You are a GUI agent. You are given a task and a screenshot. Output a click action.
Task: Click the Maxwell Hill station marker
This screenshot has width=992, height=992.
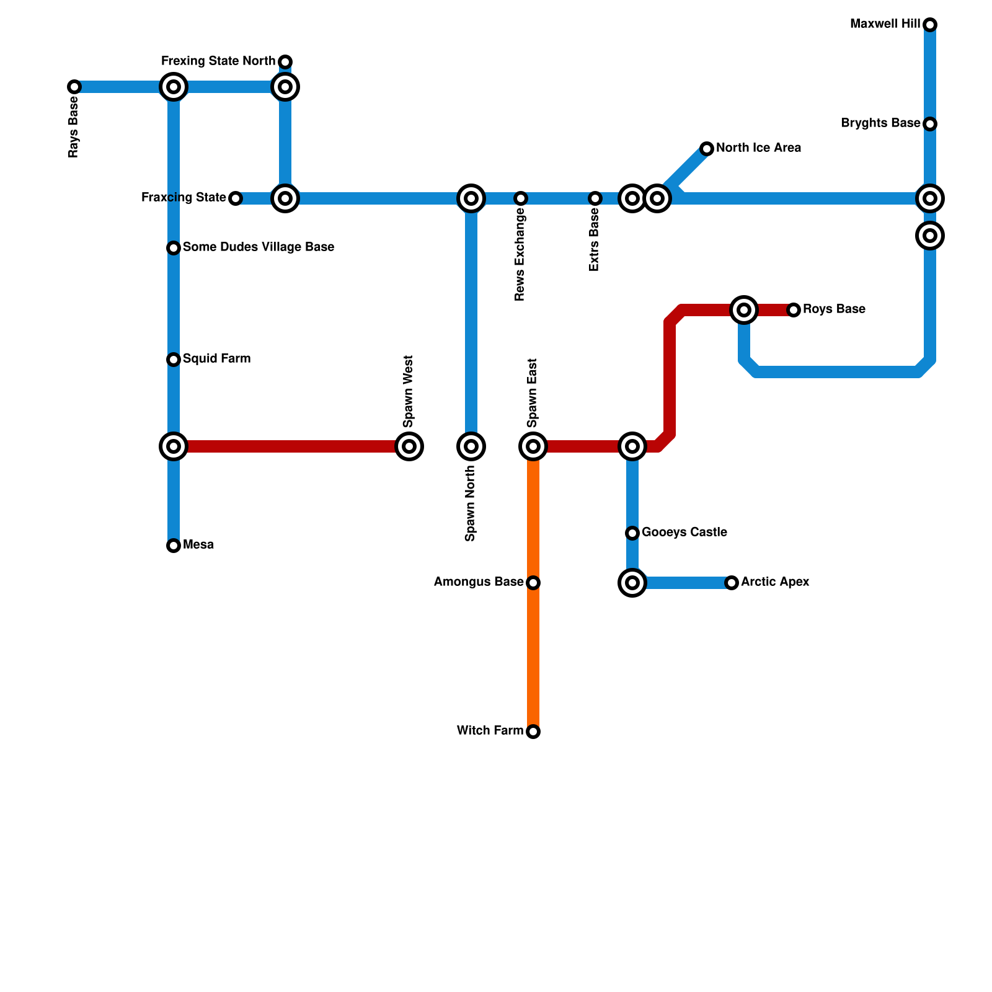point(929,25)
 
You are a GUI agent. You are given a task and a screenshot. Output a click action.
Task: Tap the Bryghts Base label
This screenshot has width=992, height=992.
point(880,123)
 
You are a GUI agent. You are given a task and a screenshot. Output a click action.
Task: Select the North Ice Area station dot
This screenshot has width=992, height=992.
point(707,149)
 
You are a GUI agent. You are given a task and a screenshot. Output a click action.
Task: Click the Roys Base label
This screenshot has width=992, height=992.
point(833,309)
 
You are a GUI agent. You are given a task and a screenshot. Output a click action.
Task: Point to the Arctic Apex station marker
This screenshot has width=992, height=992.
point(732,583)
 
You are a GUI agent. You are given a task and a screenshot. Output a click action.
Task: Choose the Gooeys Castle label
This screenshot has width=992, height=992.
point(684,533)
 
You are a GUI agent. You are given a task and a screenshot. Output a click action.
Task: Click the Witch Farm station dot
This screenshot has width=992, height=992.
point(533,732)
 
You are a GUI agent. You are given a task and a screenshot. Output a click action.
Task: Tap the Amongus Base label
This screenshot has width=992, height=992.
point(479,582)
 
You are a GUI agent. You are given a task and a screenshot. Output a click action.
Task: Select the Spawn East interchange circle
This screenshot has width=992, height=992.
point(533,446)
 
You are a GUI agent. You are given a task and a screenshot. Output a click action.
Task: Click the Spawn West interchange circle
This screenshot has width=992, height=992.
point(409,446)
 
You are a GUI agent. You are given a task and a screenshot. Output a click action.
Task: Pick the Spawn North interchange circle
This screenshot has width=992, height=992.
point(471,446)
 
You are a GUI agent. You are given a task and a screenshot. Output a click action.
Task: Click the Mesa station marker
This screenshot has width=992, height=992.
point(174,546)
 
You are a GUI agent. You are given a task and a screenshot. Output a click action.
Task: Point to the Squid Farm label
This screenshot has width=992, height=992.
point(216,359)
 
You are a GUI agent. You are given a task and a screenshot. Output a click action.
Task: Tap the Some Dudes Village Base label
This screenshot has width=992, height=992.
point(258,247)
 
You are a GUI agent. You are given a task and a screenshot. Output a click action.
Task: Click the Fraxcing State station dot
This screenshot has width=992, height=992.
point(235,198)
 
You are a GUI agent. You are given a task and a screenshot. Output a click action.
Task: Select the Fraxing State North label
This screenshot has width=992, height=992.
point(218,61)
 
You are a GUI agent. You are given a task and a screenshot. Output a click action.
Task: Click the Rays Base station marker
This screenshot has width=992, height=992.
point(74,87)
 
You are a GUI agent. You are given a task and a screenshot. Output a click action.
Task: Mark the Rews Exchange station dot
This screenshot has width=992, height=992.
point(521,198)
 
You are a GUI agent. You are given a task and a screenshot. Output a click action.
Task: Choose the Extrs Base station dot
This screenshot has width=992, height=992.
point(595,198)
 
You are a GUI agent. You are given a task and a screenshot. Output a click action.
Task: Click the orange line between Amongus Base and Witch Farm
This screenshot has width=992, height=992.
point(533,657)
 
